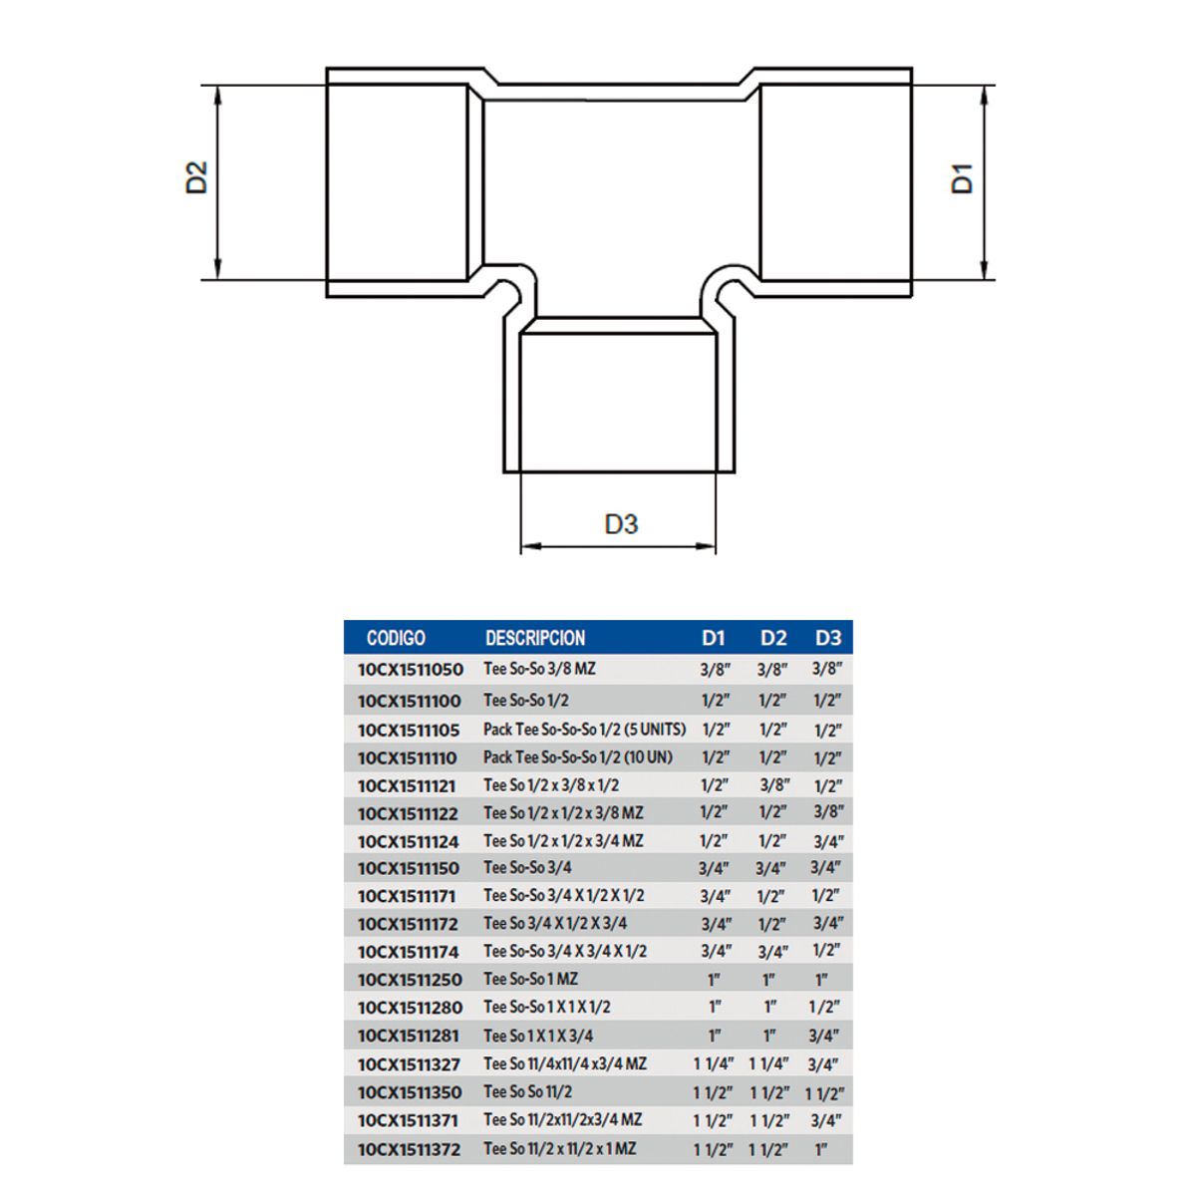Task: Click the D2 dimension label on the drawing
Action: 197,177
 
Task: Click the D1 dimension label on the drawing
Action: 962,177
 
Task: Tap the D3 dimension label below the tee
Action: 620,523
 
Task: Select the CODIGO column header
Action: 396,638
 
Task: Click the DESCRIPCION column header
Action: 535,638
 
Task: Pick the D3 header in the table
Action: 827,638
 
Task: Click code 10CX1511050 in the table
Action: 410,670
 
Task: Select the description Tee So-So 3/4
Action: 527,867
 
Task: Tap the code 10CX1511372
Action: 409,1149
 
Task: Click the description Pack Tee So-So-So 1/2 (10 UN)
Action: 578,757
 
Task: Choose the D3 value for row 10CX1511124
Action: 827,841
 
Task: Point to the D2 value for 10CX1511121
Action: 773,785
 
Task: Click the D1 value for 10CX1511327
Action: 714,1064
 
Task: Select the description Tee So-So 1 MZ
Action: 530,980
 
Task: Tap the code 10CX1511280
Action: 410,1008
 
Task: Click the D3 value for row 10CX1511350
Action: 824,1092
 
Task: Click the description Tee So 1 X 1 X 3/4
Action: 538,1036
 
